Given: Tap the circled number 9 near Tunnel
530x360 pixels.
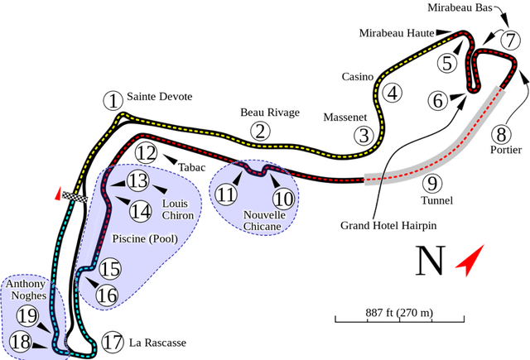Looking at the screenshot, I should pyautogui.click(x=429, y=184).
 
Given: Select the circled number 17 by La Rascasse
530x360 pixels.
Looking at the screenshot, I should pyautogui.click(x=112, y=341).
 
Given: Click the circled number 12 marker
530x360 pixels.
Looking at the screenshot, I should pyautogui.click(x=146, y=152).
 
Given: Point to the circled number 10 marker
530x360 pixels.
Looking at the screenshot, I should pyautogui.click(x=283, y=199).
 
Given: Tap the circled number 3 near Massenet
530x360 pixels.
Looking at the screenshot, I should pyautogui.click(x=364, y=135).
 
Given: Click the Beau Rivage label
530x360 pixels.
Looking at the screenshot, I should pyautogui.click(x=268, y=113).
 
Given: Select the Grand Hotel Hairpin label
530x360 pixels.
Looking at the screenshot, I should pyautogui.click(x=388, y=224).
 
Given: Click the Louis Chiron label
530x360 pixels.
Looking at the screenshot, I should pyautogui.click(x=178, y=209).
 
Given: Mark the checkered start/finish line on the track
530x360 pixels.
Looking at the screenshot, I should pyautogui.click(x=79, y=197).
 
